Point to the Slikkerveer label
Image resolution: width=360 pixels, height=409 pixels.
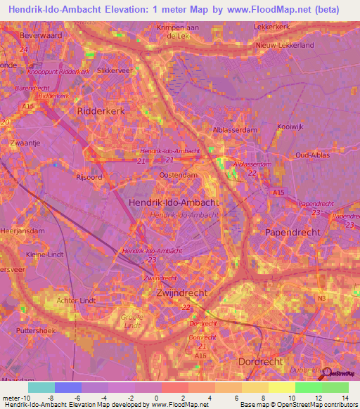click(x=115, y=71)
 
